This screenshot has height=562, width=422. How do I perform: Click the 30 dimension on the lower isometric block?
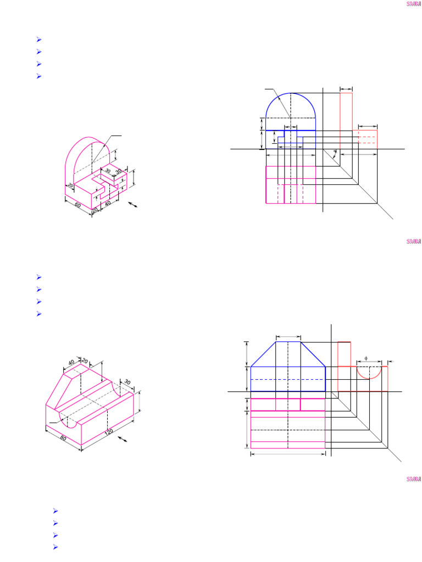click(127, 382)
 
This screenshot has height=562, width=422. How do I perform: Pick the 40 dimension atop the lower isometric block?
click(71, 363)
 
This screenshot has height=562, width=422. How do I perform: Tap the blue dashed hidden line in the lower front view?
click(288, 379)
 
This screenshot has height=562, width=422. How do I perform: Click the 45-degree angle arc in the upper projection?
click(335, 152)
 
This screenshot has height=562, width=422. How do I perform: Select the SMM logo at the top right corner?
click(413, 4)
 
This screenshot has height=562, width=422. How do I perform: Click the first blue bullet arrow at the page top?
click(39, 40)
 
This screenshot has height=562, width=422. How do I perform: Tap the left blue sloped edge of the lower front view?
click(263, 354)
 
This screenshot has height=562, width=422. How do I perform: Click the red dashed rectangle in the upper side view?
click(368, 137)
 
